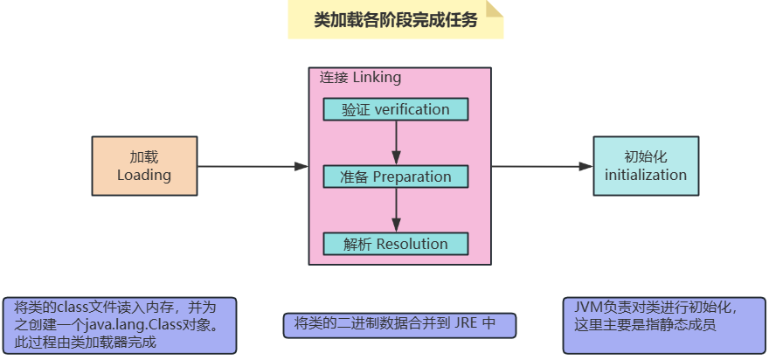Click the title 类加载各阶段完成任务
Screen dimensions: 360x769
point(395,20)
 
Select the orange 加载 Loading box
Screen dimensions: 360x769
point(144,165)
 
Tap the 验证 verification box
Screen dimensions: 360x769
point(396,109)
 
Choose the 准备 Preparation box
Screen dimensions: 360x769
point(396,177)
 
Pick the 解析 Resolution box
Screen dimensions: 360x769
point(396,244)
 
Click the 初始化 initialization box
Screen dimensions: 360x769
point(646,165)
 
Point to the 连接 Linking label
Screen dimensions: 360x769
point(360,78)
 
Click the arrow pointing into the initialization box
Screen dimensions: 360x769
point(542,166)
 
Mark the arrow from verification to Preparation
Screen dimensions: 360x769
point(397,142)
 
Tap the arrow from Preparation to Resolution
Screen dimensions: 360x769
point(397,210)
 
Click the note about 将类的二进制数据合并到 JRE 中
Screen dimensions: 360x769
point(399,324)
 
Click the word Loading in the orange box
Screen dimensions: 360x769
point(144,175)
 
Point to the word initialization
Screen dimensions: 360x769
point(646,175)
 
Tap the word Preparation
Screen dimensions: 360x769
point(412,177)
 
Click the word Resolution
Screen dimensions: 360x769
point(412,244)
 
